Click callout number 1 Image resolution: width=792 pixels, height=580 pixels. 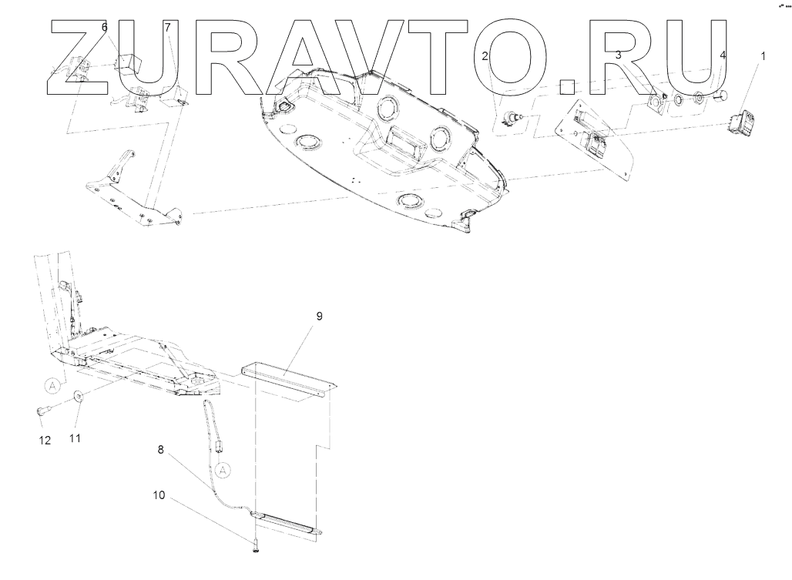pos(763,55)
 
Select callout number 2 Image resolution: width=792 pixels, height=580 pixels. pos(485,55)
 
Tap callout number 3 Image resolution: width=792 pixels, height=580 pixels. pos(618,55)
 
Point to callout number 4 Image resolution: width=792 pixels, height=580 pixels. pos(722,55)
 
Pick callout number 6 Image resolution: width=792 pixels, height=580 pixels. pos(105,28)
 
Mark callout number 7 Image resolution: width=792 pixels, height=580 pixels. pos(167,28)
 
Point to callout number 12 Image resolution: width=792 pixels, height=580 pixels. pos(45,441)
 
